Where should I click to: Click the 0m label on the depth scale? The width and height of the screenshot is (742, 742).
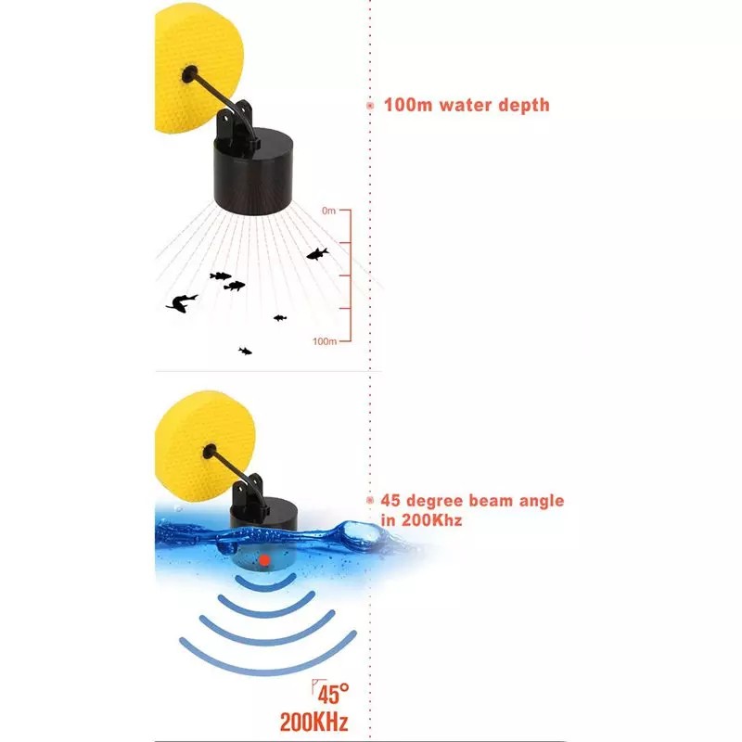(329, 211)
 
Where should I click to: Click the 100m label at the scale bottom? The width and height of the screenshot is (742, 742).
(325, 341)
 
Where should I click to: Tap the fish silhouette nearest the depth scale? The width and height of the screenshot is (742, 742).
(317, 252)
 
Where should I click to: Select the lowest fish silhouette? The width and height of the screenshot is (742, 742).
(245, 351)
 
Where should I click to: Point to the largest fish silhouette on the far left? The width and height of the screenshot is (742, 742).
(182, 302)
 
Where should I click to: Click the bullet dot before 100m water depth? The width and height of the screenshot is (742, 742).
(370, 106)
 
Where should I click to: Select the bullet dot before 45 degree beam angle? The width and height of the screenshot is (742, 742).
(370, 501)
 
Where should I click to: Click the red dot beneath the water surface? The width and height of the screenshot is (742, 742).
(265, 560)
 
